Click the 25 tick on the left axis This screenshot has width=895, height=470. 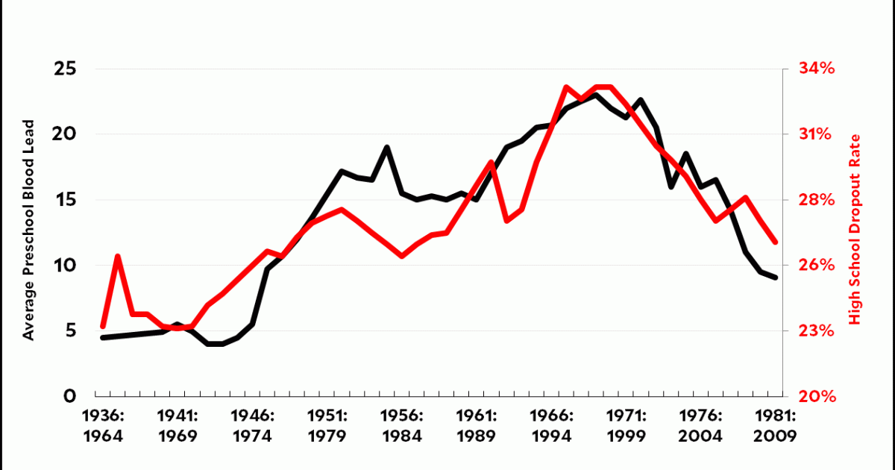tap(65, 69)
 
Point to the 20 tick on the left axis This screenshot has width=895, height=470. tap(65, 134)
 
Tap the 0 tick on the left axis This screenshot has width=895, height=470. tap(71, 396)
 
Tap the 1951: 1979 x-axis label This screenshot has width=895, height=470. tap(328, 425)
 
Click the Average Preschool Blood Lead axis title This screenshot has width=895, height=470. tap(29, 230)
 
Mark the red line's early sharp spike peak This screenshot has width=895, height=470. tap(118, 257)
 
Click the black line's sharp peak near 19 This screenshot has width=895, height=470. tap(387, 147)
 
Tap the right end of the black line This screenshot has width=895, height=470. tap(776, 278)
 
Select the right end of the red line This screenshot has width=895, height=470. tap(776, 242)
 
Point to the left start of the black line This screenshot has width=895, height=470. tap(103, 337)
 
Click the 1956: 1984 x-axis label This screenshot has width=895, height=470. tap(403, 425)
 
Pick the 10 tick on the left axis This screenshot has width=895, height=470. tap(65, 266)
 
